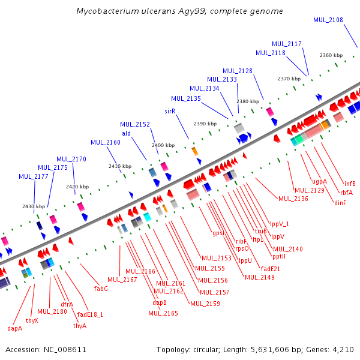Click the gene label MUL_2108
pyautogui.click(x=328, y=20)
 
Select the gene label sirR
pyautogui.click(x=170, y=112)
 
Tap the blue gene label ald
pyautogui.click(x=126, y=133)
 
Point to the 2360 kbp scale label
pyautogui.click(x=331, y=55)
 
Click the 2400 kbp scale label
pyautogui.click(x=163, y=145)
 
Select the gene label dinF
pyautogui.click(x=340, y=203)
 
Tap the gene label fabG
pyautogui.click(x=101, y=289)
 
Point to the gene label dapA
pyautogui.click(x=15, y=328)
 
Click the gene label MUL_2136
pyautogui.click(x=293, y=199)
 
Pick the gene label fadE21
pyautogui.click(x=271, y=268)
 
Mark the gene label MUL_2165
pyautogui.click(x=163, y=313)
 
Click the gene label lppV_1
pyautogui.click(x=280, y=224)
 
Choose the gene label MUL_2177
pyautogui.click(x=34, y=176)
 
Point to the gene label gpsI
pyautogui.click(x=218, y=233)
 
